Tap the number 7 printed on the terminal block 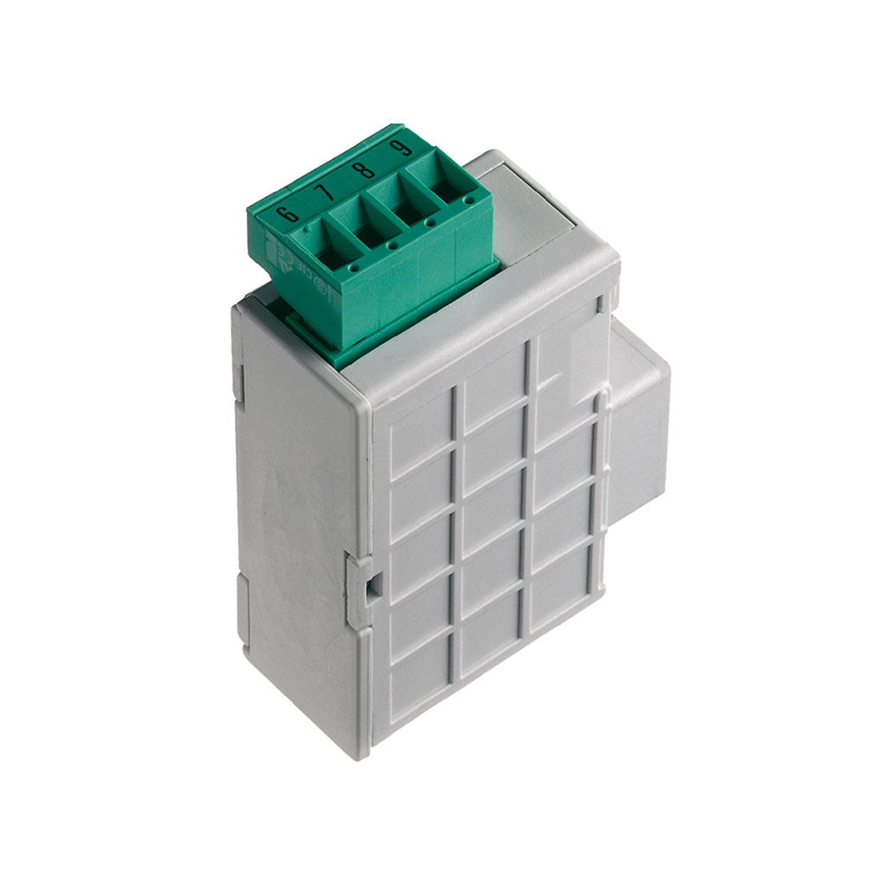pyautogui.click(x=322, y=192)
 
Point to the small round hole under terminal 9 pyautogui.click(x=468, y=201)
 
